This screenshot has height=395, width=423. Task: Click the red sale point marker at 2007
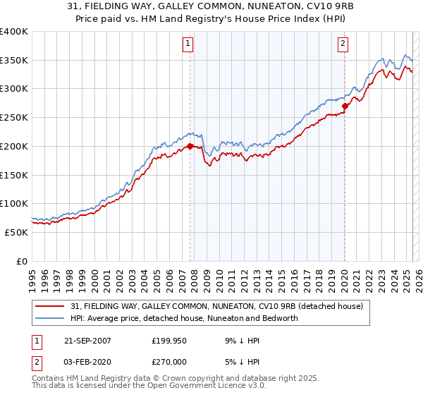pyautogui.click(x=190, y=147)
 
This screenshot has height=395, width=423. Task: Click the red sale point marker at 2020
pyautogui.click(x=345, y=107)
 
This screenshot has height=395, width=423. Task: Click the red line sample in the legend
pyautogui.click(x=51, y=307)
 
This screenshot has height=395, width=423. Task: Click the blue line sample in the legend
pyautogui.click(x=51, y=318)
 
